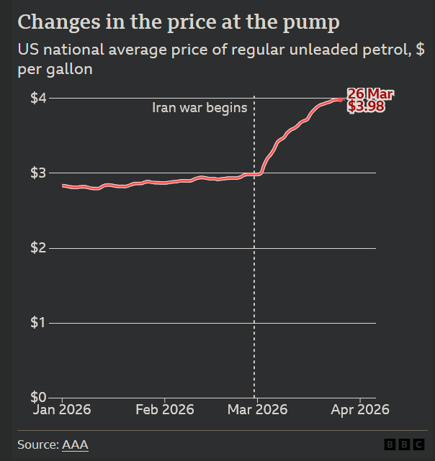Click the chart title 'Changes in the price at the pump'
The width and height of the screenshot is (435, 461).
coord(178,22)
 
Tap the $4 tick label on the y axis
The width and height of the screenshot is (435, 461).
coord(39,98)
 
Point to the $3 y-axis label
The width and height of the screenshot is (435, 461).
coord(39,173)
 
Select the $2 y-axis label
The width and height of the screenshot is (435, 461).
coord(39,247)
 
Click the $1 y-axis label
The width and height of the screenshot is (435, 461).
coord(39,322)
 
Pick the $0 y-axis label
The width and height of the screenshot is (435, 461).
coord(39,397)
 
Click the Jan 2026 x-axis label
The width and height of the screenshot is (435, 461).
coord(63,410)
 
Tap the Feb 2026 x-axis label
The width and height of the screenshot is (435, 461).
coord(165,410)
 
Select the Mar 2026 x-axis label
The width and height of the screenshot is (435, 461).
coord(257,410)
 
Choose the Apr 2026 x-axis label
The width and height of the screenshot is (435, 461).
coord(359,410)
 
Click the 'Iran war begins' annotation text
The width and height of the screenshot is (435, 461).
coord(199,108)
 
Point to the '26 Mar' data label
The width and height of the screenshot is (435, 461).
coord(370,94)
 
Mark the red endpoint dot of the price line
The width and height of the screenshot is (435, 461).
coord(341,99)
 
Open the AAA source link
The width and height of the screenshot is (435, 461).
coord(75,445)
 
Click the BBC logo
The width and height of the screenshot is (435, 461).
coord(404,445)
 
